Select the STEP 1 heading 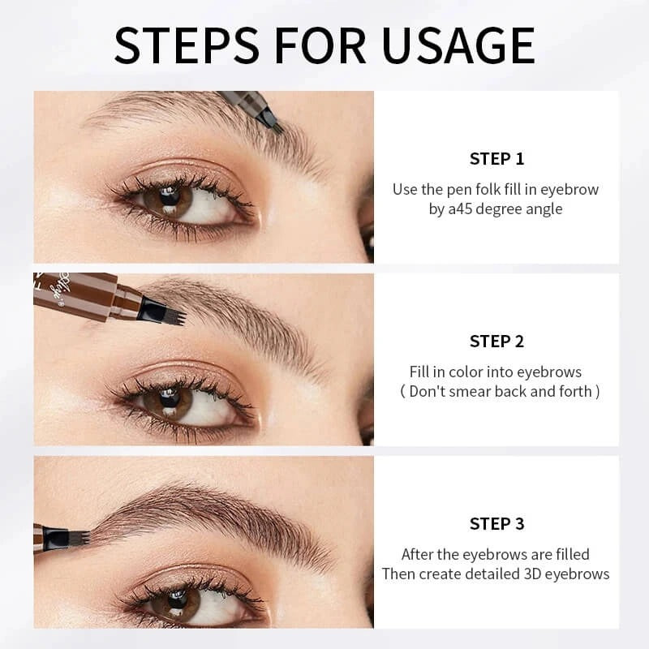[496, 158]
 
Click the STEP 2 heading [496, 341]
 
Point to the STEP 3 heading [496, 524]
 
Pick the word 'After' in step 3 [419, 555]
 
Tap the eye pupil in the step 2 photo [170, 398]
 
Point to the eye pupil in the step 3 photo [173, 601]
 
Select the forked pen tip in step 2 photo [172, 312]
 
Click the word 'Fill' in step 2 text [419, 372]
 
